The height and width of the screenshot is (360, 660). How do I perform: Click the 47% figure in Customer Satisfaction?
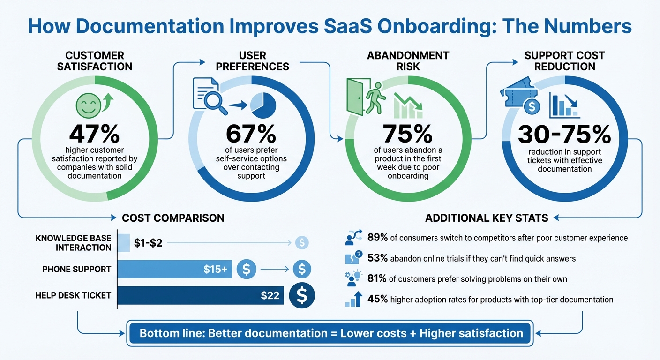(x=94, y=134)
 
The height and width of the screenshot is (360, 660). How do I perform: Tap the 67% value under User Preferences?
(x=251, y=134)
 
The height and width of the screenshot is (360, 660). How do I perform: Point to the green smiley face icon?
(x=88, y=105)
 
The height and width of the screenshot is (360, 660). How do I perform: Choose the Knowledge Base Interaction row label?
(x=73, y=243)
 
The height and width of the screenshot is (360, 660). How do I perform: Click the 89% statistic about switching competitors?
(x=377, y=238)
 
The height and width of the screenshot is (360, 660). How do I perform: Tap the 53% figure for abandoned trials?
(x=377, y=258)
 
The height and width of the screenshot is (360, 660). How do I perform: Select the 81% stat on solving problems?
(x=377, y=279)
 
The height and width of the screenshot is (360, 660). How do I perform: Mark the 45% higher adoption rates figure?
(x=377, y=299)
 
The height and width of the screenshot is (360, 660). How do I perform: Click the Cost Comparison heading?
(x=173, y=218)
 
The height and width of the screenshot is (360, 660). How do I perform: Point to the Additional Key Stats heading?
(x=487, y=218)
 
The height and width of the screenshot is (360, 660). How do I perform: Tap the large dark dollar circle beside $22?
(x=302, y=295)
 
